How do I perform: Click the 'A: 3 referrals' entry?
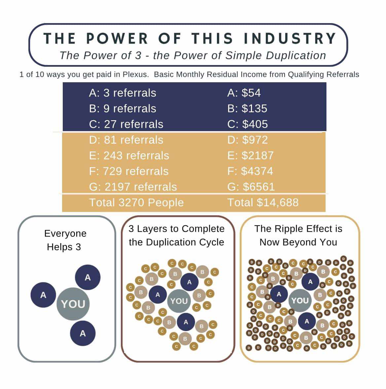[x=123, y=93]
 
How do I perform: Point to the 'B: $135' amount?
[x=247, y=109]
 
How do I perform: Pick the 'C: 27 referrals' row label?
[x=126, y=124]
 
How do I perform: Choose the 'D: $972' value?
[x=248, y=140]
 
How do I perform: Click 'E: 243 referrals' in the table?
[x=129, y=156]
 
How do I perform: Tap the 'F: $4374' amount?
[x=250, y=171]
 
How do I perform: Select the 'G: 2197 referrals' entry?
[x=133, y=187]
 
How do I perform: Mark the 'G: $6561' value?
[x=251, y=187]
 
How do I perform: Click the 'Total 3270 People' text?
[x=136, y=202]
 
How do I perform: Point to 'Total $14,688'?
[x=263, y=202]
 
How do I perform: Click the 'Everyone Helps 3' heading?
[x=65, y=240]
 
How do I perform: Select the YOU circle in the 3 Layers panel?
[x=179, y=301]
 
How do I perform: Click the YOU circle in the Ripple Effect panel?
[x=300, y=301]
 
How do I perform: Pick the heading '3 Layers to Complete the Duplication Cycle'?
[x=177, y=235]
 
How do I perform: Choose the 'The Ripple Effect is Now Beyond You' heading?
[x=298, y=235]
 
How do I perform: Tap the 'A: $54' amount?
[x=244, y=93]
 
